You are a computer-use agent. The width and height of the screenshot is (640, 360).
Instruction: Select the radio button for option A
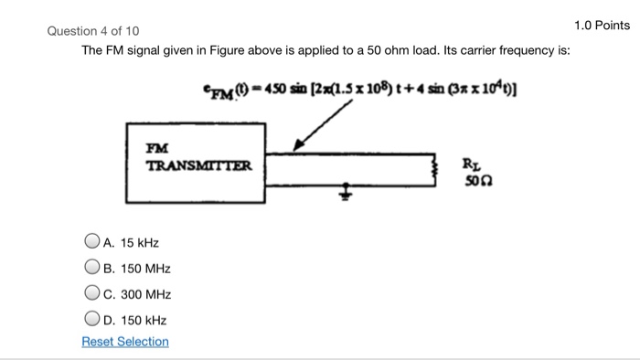(x=91, y=243)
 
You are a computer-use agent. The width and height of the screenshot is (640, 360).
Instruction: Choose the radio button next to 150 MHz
(x=91, y=269)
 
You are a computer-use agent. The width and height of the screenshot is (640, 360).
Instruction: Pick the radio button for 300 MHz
(x=91, y=294)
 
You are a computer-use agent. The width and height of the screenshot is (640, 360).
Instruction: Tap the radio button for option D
(x=91, y=320)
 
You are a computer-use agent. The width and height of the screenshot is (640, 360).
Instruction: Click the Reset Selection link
(x=125, y=342)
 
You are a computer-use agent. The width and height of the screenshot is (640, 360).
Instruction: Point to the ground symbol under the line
(x=347, y=193)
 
